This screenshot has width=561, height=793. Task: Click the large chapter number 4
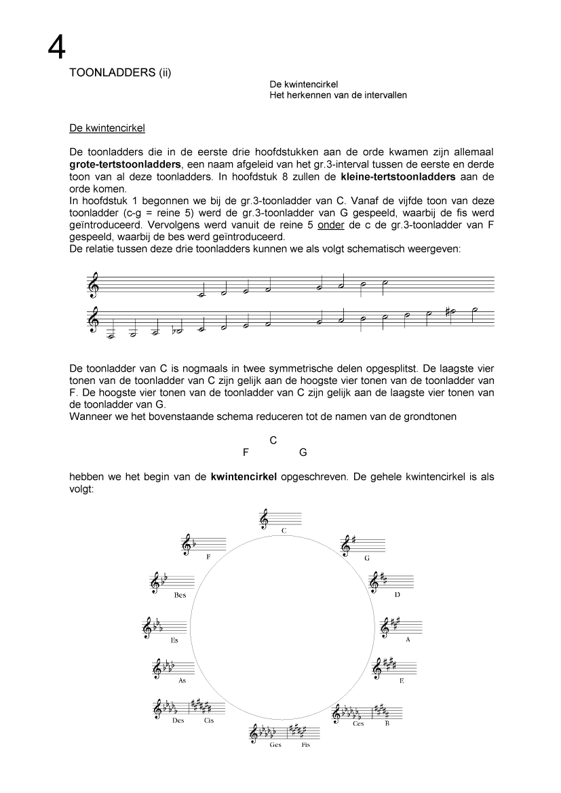tap(57, 48)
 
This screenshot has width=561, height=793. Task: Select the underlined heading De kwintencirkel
tap(107, 127)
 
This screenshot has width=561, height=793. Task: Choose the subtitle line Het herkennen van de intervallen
tap(338, 95)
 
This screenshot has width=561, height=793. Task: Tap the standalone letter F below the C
tap(245, 452)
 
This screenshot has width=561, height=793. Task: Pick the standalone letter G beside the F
tap(303, 452)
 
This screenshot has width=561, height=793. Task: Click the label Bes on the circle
tap(180, 595)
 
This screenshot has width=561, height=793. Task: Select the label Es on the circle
tap(174, 640)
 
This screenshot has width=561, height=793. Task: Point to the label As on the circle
tap(182, 680)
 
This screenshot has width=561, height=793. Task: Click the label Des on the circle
tap(178, 720)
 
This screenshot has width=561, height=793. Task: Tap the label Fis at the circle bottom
tap(306, 745)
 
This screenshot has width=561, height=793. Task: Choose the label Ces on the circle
tap(358, 724)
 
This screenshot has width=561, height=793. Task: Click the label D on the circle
tap(396, 595)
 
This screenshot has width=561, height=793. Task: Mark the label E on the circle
tap(401, 680)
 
